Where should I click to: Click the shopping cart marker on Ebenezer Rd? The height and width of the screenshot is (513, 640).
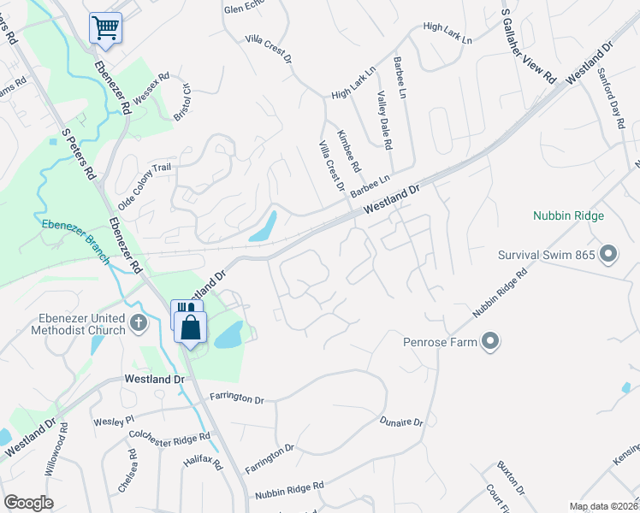coord(106,27)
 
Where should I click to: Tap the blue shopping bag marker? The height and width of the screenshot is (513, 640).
coord(190,326)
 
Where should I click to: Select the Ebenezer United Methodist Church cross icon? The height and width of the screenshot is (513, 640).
coord(139,323)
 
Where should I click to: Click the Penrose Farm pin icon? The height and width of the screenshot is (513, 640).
coord(490,343)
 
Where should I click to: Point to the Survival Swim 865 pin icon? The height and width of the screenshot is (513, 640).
coord(608,254)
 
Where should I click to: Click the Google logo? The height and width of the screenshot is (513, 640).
coord(28,503)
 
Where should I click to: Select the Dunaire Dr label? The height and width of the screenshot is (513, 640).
coord(401,422)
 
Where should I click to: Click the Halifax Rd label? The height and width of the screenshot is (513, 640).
coord(203,464)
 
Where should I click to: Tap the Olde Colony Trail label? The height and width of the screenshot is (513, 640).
coord(139,188)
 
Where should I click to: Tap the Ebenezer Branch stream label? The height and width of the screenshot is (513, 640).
coord(76,242)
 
